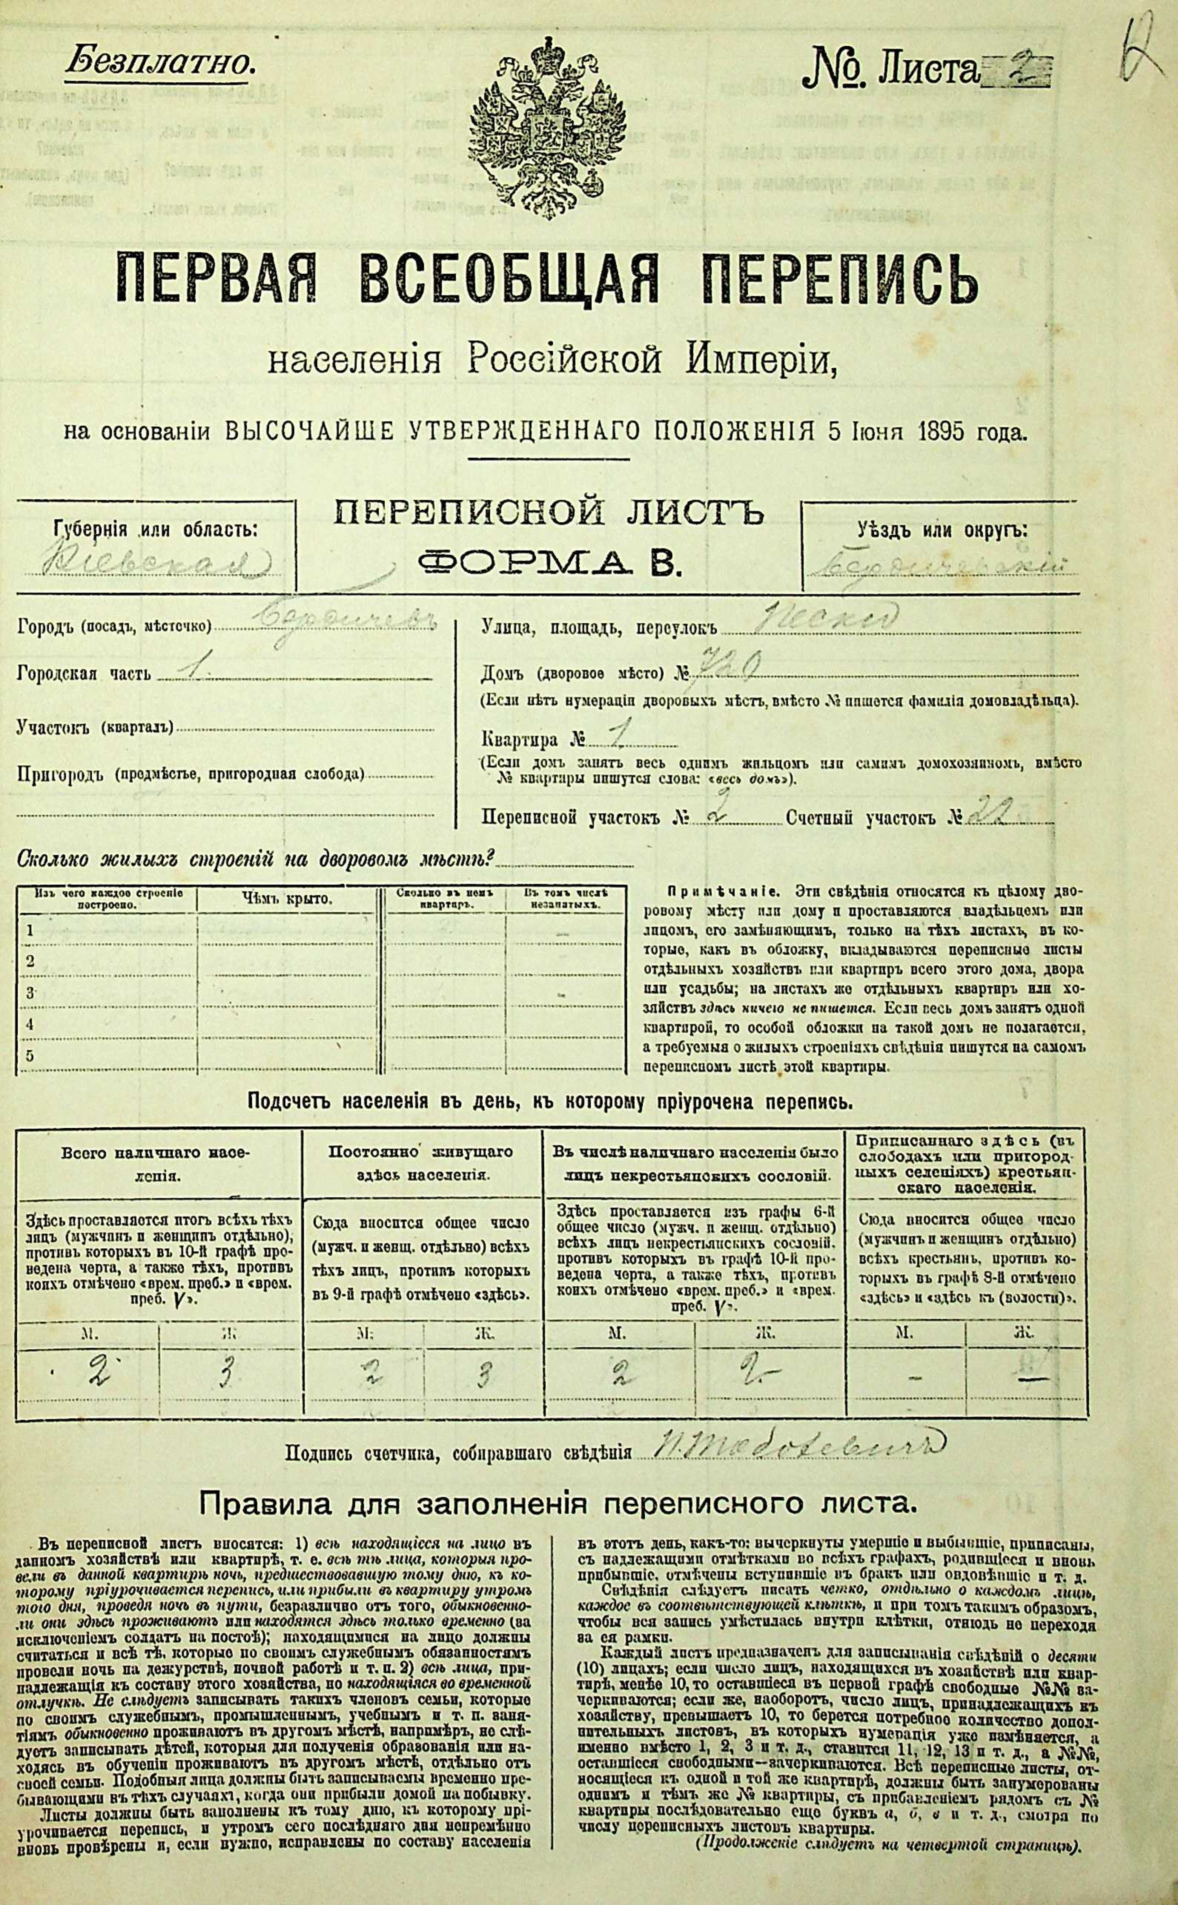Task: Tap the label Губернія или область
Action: pyautogui.click(x=156, y=531)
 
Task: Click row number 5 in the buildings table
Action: pyautogui.click(x=31, y=1056)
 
